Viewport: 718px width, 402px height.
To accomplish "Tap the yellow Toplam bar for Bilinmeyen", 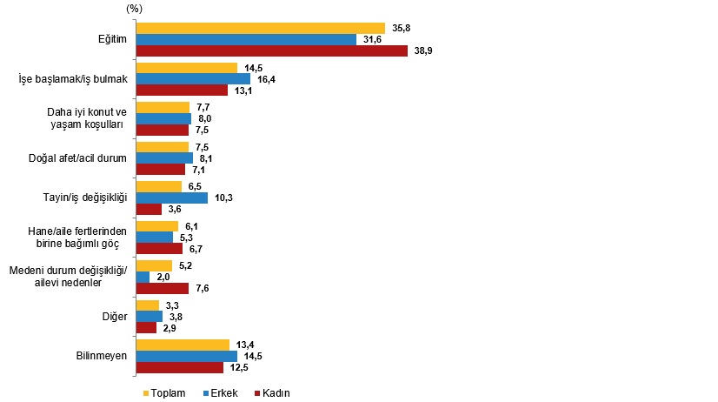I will (183, 345).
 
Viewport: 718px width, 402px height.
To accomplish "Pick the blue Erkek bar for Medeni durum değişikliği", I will (143, 277).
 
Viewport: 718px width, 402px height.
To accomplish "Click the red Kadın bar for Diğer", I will (147, 327).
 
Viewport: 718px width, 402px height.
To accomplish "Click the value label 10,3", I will (224, 198).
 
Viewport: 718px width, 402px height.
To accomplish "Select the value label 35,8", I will (401, 28).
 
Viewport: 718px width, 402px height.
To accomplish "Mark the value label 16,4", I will (266, 79).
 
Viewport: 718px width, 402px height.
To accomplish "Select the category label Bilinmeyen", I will (102, 355).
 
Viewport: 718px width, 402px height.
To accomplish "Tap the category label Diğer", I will (115, 316).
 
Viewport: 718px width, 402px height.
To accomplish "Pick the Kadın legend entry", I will (273, 393).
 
